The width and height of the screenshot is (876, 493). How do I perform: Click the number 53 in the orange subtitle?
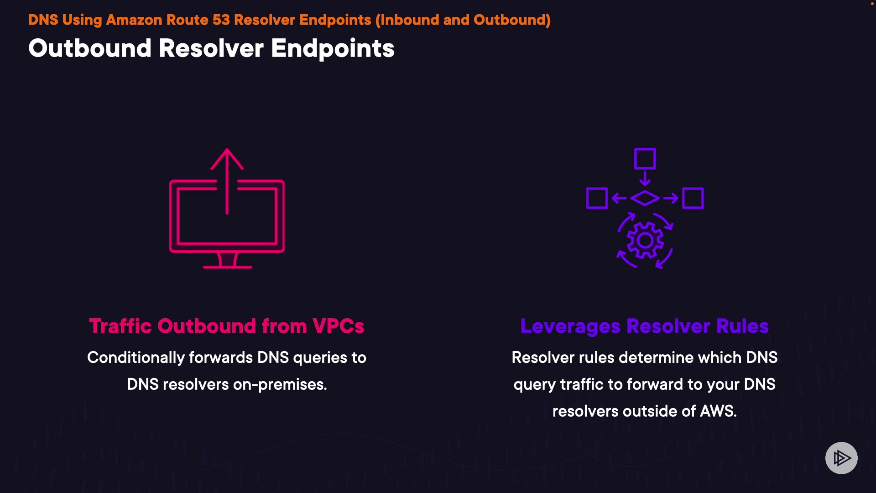point(221,20)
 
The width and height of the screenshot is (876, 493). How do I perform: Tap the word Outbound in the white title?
point(89,48)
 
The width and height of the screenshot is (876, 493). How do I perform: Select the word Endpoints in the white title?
point(333,48)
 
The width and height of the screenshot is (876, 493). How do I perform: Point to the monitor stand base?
point(227,267)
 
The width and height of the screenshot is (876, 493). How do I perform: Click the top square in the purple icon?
point(645,158)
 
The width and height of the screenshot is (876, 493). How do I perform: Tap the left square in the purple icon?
point(596,198)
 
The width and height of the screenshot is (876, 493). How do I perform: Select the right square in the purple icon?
point(693,198)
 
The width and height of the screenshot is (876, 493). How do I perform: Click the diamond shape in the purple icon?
point(645,198)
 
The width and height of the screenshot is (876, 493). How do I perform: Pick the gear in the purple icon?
point(645,241)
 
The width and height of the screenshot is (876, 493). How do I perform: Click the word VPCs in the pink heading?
point(338,326)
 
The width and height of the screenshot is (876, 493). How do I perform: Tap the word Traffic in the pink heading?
point(120,326)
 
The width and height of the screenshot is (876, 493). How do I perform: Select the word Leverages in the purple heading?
point(570,326)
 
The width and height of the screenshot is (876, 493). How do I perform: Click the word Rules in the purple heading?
point(742,326)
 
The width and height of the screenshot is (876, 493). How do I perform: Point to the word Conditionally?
point(136,357)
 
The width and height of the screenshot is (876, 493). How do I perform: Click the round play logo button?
point(841,458)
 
